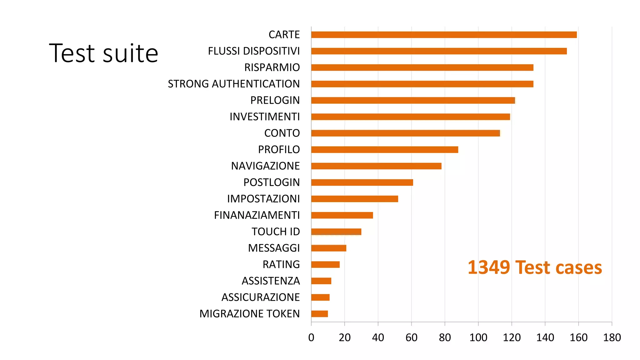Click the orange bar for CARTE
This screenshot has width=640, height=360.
click(x=444, y=35)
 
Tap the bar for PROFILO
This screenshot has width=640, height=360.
click(x=384, y=150)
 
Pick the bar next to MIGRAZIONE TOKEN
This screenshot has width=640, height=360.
click(x=319, y=314)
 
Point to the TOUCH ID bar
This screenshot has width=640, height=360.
click(x=336, y=232)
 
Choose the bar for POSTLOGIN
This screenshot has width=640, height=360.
click(x=362, y=182)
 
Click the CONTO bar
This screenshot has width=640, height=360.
click(x=405, y=133)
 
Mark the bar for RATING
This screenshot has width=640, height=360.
click(x=325, y=265)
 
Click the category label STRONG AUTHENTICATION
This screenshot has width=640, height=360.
click(x=234, y=84)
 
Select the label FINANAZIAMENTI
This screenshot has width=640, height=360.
click(x=257, y=215)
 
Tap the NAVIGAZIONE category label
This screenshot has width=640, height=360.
click(x=265, y=166)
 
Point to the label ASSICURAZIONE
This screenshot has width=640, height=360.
click(x=261, y=297)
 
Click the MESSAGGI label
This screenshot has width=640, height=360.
click(x=274, y=248)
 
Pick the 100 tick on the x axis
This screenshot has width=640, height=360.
click(x=478, y=337)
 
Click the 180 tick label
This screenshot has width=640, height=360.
click(x=612, y=337)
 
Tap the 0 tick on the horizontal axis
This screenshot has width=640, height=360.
click(x=311, y=337)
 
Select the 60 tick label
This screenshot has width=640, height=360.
click(x=411, y=337)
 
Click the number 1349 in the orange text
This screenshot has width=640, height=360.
click(x=489, y=268)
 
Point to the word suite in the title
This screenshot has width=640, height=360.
click(x=130, y=54)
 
